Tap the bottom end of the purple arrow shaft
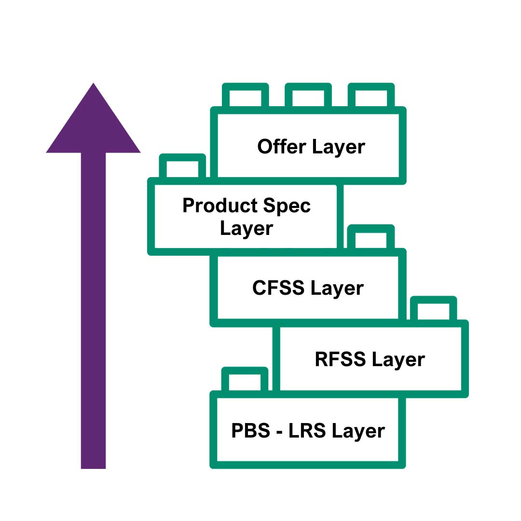click(x=93, y=463)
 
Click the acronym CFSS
click(x=278, y=288)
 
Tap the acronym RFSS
click(x=340, y=359)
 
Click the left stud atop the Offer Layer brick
click(x=245, y=96)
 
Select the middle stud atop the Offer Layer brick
click(x=308, y=96)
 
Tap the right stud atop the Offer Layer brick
click(x=371, y=96)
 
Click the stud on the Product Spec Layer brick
click(x=182, y=167)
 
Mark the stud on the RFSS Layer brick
click(x=433, y=310)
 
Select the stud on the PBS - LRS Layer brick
click(x=245, y=381)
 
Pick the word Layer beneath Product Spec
click(x=247, y=228)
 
